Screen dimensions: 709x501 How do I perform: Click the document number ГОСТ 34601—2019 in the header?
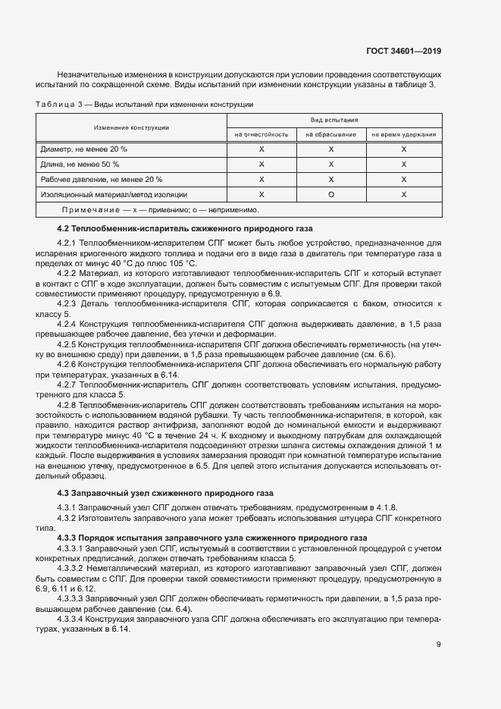(x=402, y=52)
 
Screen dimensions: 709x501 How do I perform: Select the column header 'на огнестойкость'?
(x=261, y=134)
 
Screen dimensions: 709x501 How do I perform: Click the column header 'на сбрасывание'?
(x=331, y=134)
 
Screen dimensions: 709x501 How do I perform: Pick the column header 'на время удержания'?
(x=403, y=134)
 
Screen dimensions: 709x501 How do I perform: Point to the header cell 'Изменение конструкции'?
(x=131, y=127)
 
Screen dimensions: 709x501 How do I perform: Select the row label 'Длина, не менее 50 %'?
(x=80, y=165)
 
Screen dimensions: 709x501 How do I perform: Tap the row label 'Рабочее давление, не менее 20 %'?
(x=102, y=180)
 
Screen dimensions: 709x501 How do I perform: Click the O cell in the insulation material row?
(x=331, y=195)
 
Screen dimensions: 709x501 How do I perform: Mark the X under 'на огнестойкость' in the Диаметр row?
(x=261, y=149)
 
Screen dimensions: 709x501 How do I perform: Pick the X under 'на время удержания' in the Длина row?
(x=403, y=165)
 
